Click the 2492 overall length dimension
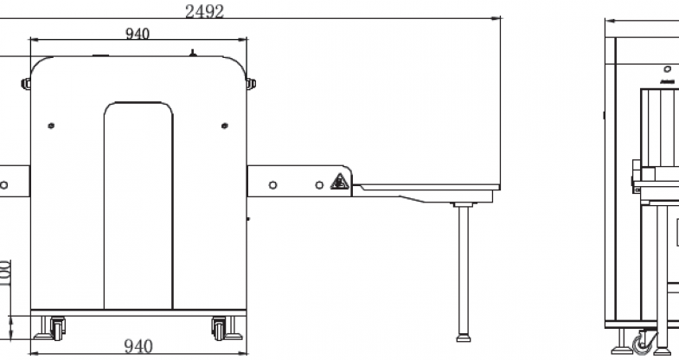coord(204,11)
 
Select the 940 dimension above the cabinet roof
coord(138,34)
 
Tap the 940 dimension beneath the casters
coord(138,346)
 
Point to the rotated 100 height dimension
coord(5,273)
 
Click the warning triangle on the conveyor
coord(340,182)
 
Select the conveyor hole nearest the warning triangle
coord(319,185)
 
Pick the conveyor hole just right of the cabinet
coord(272,185)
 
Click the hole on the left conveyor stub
coord(4,185)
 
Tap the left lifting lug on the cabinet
coord(26,84)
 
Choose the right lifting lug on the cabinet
coord(251,84)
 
